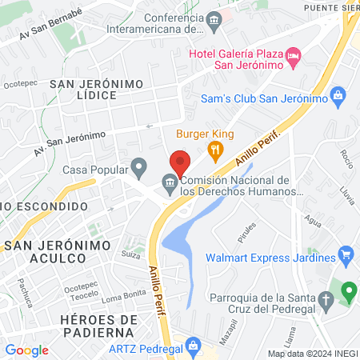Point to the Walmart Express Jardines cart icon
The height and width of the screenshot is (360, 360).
point(346,257)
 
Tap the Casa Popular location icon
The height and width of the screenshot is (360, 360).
point(139,169)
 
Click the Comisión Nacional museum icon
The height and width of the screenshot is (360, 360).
point(170,184)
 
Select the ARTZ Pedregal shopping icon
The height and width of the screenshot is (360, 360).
point(191,346)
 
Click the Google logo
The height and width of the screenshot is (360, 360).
point(26,350)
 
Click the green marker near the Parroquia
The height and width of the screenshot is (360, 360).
point(348,290)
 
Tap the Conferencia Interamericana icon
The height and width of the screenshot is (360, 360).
point(213,19)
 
